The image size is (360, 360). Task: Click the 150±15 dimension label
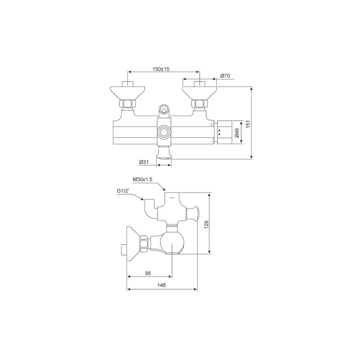click(x=161, y=69)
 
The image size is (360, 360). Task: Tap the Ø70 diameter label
click(x=225, y=76)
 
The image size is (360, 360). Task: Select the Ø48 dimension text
click(x=237, y=133)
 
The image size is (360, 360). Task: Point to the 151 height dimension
click(x=248, y=123)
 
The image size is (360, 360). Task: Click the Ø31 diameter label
click(x=144, y=162)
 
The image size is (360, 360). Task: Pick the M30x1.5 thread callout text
click(x=143, y=180)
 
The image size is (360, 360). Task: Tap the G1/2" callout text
click(x=123, y=191)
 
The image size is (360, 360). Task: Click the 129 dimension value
click(x=206, y=224)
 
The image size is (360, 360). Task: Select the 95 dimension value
click(x=148, y=273)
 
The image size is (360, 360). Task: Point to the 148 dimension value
click(x=162, y=285)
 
